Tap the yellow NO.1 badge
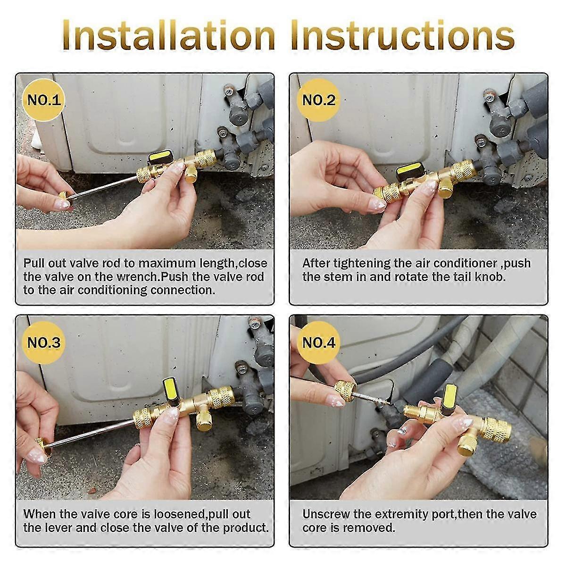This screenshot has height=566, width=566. coord(44,100)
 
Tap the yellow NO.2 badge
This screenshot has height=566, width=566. coord(318,100)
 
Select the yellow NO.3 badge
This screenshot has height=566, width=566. coord(44,342)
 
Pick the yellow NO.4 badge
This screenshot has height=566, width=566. coord(318,342)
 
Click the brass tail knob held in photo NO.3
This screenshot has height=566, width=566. coord(42,446)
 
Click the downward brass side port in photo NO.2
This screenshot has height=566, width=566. coord(444,189)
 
